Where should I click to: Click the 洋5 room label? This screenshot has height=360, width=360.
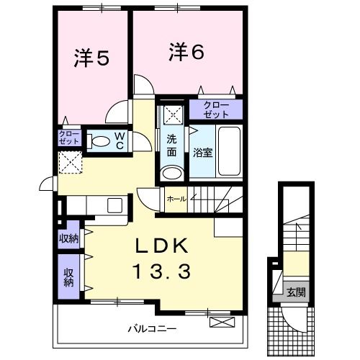pos(91,58)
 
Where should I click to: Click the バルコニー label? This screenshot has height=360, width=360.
pos(152,328)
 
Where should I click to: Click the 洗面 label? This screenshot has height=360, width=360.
pos(172,146)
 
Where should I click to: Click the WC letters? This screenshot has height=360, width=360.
pos(120,140)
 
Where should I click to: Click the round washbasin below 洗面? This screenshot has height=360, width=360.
pos(171,173)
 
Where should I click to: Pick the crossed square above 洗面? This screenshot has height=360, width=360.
pos(172,113)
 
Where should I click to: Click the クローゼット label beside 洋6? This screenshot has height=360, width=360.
pos(216,110)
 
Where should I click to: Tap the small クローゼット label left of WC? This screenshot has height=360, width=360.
pos(69,138)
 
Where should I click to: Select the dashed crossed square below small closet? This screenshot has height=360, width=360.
pos(70,163)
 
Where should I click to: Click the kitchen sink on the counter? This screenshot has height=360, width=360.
pos(116,205)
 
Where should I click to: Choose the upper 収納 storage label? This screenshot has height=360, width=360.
pos(68,239)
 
